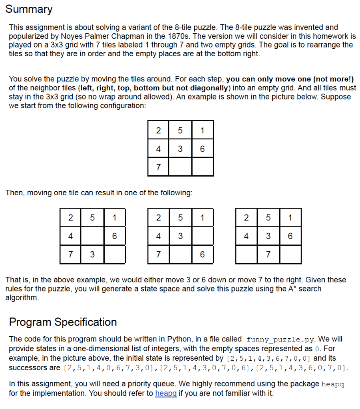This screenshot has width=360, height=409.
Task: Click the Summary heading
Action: [x=29, y=9]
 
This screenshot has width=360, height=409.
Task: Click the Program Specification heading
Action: [x=63, y=322]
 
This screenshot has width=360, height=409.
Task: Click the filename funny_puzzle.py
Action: [x=275, y=340]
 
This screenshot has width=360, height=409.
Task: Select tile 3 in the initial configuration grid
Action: [x=180, y=149]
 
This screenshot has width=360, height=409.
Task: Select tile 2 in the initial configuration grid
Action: [x=158, y=131]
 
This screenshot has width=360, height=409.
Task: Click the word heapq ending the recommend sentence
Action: [x=333, y=384]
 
